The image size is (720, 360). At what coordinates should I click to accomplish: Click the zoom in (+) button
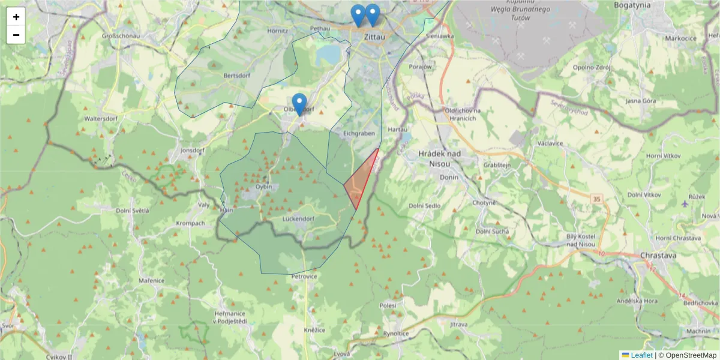16,16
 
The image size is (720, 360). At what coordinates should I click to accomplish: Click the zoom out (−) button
16,35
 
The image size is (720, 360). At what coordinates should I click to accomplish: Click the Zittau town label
374,37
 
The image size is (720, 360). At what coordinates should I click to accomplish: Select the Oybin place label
263,187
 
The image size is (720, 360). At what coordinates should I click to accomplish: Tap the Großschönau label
121,35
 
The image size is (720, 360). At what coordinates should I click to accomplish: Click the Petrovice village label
304,277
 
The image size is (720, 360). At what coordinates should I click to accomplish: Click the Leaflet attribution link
641,355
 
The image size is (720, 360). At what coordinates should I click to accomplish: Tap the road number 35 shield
596,198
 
